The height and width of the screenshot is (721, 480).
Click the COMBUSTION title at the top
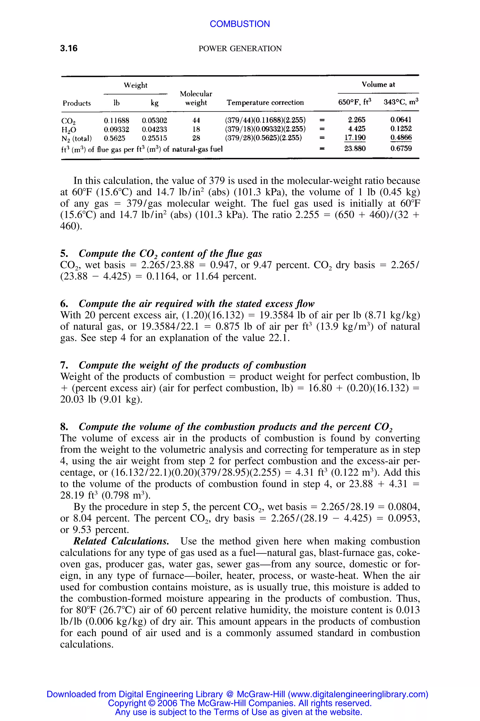pyautogui.click(x=240, y=24)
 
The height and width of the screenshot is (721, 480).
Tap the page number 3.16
pyautogui.click(x=69, y=48)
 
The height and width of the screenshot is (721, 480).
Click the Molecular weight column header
pyautogui.click(x=196, y=98)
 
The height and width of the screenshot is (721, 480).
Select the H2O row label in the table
pyautogui.click(x=69, y=130)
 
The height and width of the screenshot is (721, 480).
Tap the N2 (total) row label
pyautogui.click(x=77, y=138)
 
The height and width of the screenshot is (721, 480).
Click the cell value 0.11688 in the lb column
pyautogui.click(x=116, y=120)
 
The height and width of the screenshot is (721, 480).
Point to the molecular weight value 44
pyautogui.click(x=196, y=120)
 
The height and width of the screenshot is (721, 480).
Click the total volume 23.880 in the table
pyautogui.click(x=355, y=149)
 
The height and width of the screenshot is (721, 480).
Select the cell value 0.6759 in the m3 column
pyautogui.click(x=401, y=149)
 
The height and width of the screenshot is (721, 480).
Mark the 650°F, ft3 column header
pyautogui.click(x=354, y=102)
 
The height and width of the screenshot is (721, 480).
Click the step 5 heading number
pyautogui.click(x=64, y=253)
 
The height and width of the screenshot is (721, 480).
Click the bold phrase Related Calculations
pyautogui.click(x=121, y=541)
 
